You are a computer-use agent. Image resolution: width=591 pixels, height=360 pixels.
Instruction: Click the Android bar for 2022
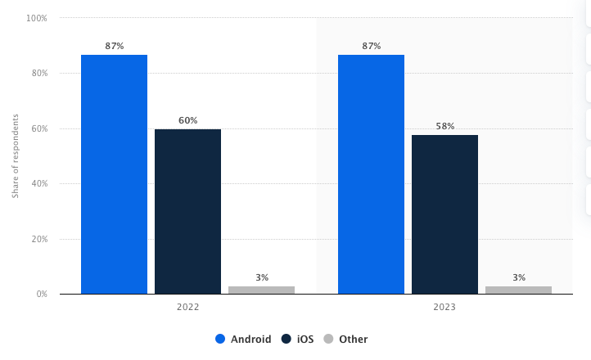(x=114, y=174)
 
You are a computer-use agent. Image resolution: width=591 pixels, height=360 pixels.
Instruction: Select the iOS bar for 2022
(x=187, y=211)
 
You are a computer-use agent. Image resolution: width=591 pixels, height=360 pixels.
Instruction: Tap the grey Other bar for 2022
(x=261, y=290)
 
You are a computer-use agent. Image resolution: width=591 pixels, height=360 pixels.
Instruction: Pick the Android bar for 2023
(x=371, y=174)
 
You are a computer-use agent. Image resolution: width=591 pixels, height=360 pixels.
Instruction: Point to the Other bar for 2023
(x=518, y=290)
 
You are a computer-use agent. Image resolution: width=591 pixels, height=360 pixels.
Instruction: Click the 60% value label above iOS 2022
(x=187, y=120)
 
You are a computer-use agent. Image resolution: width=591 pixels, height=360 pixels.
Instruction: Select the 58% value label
(x=444, y=126)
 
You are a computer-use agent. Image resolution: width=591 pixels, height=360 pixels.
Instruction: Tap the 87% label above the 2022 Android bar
(x=114, y=46)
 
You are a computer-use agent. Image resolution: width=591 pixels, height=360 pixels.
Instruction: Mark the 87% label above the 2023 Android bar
(x=371, y=46)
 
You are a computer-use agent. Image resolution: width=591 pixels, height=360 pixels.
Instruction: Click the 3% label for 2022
(x=261, y=277)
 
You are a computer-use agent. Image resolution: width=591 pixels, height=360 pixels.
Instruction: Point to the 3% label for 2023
(x=518, y=277)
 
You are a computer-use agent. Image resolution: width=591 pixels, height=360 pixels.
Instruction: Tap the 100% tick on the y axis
(x=37, y=18)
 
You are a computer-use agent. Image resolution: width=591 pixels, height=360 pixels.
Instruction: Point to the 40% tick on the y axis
(x=39, y=183)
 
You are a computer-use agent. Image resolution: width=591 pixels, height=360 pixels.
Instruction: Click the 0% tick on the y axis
(x=42, y=294)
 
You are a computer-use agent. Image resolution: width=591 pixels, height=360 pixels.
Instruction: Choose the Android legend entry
(x=243, y=339)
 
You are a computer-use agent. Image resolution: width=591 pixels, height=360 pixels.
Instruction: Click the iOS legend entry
(x=298, y=339)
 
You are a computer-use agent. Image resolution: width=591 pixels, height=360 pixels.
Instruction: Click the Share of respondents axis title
(x=15, y=156)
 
